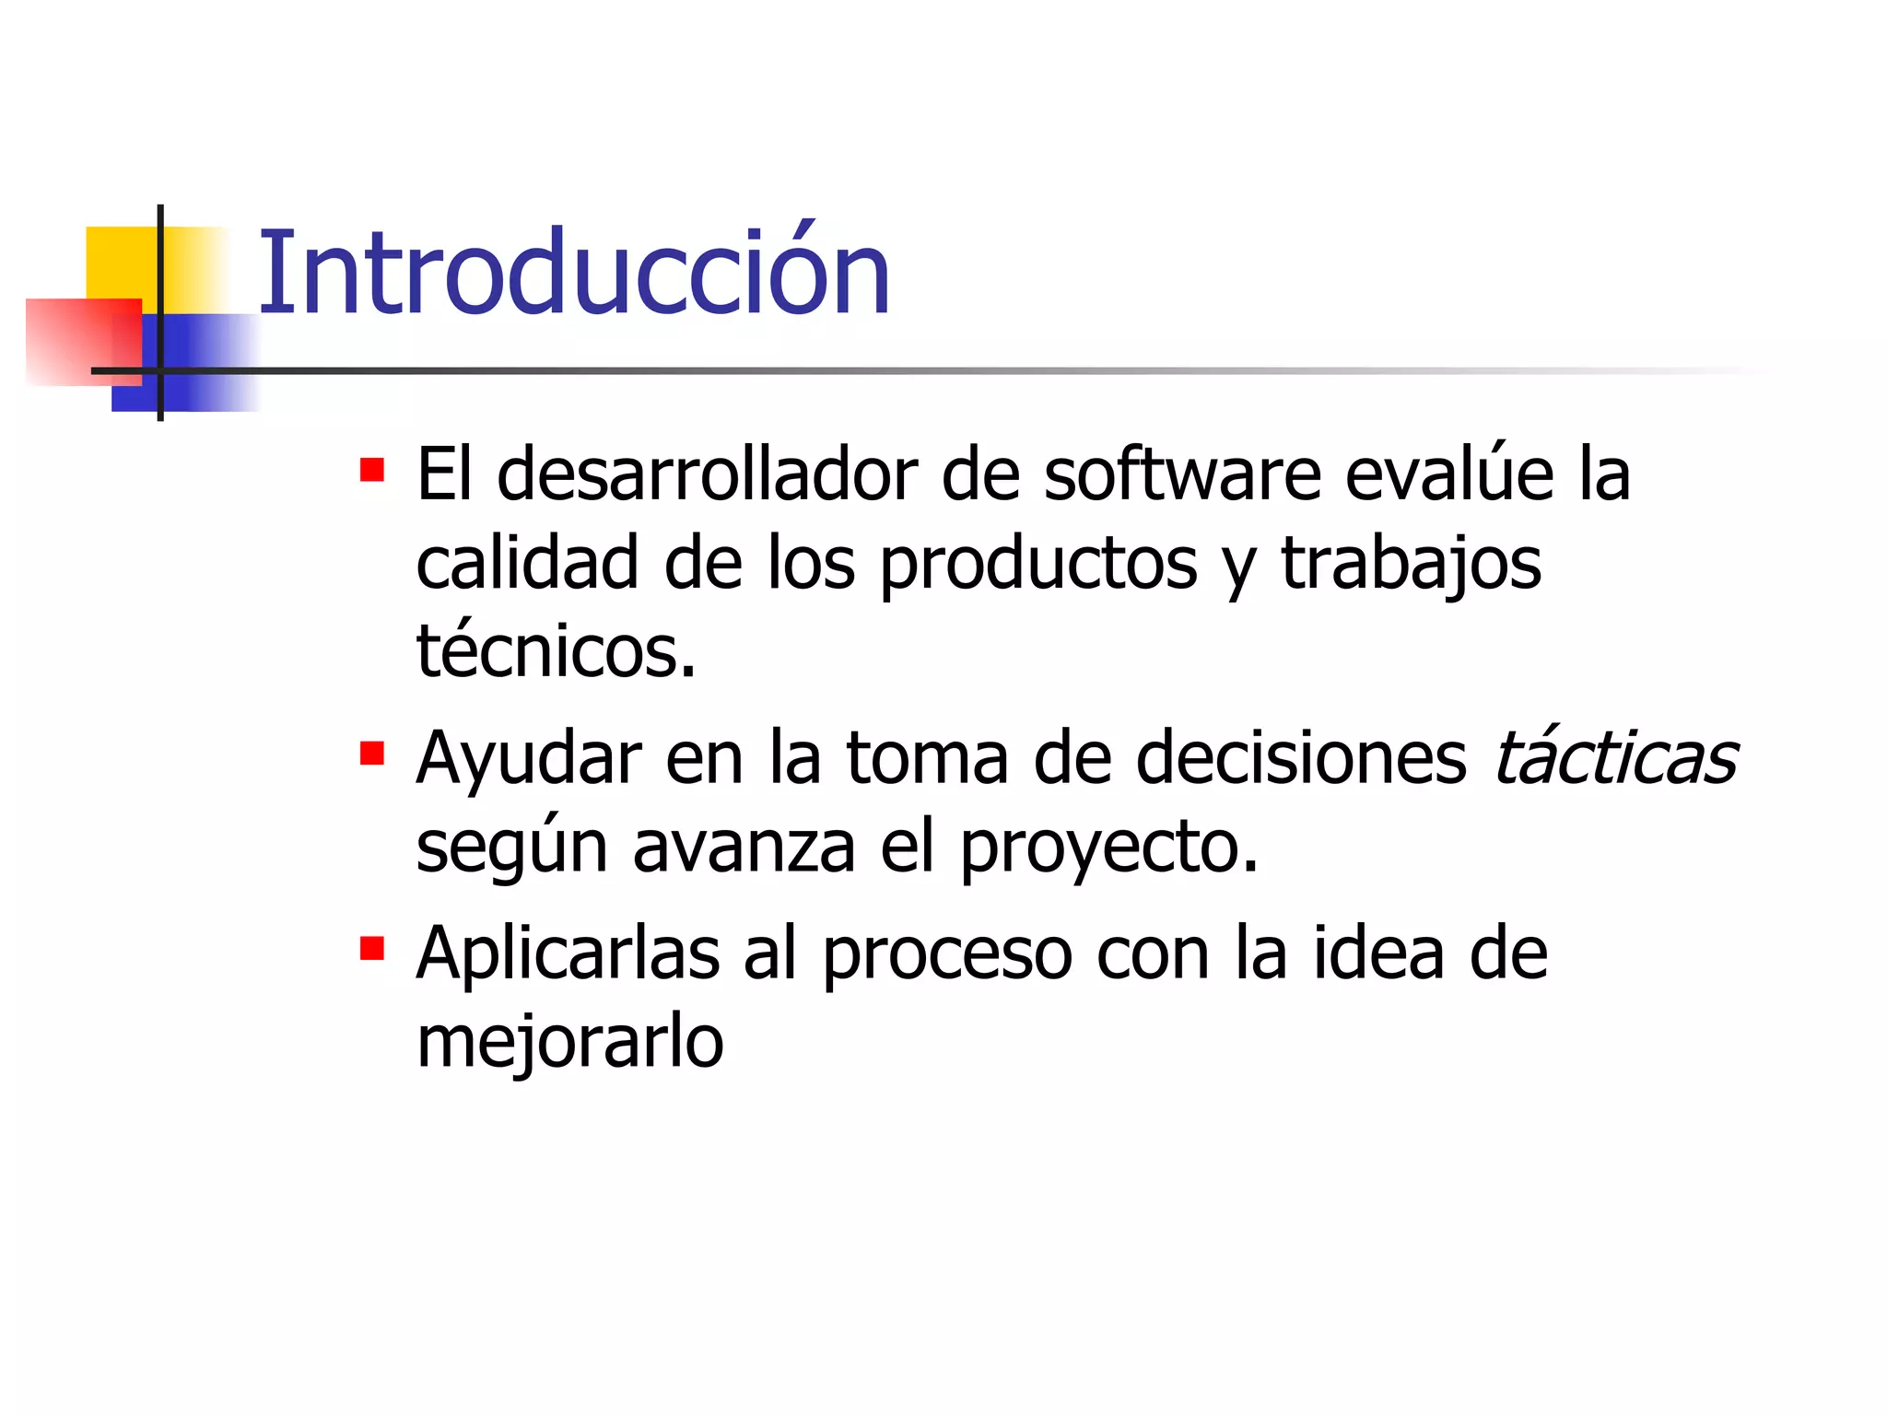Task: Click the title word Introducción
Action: pyautogui.click(x=573, y=274)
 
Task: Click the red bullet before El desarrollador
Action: pyautogui.click(x=372, y=471)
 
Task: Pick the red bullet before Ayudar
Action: pyautogui.click(x=372, y=754)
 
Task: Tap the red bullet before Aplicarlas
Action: pyautogui.click(x=372, y=949)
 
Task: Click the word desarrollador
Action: pyautogui.click(x=706, y=474)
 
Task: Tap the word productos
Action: pyautogui.click(x=1038, y=565)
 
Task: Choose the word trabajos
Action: pyautogui.click(x=1411, y=565)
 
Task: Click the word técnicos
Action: pyautogui.click(x=556, y=651)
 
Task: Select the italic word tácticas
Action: pyautogui.click(x=1614, y=758)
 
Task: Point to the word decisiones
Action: pyautogui.click(x=1301, y=758)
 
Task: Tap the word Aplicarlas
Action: pyautogui.click(x=568, y=953)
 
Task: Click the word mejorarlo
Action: pyautogui.click(x=569, y=1042)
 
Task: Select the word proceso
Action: pyautogui.click(x=946, y=954)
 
